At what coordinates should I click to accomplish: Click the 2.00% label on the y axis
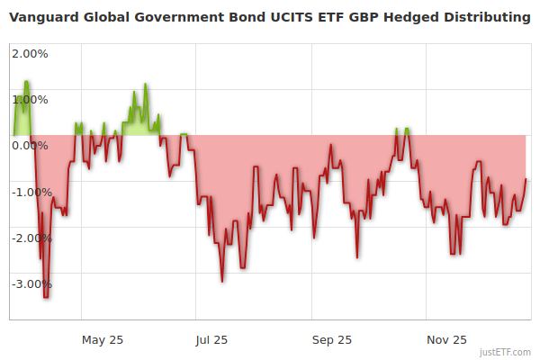tap(31, 53)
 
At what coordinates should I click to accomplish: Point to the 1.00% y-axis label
tap(31, 99)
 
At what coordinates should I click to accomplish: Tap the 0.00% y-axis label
tap(31, 145)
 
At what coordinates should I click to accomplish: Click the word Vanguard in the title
tap(42, 17)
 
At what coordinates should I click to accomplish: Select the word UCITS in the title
tap(280, 17)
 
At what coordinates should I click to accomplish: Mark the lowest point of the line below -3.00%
tap(46, 297)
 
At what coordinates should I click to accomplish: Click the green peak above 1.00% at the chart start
tap(26, 82)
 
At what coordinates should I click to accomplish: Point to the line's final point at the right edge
tap(526, 179)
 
